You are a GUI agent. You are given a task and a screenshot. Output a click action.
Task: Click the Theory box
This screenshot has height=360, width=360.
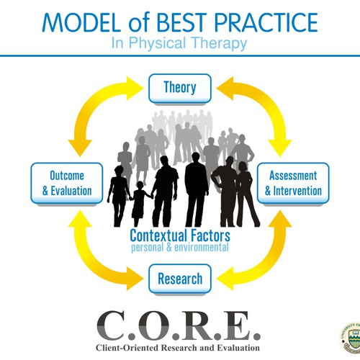(181, 88)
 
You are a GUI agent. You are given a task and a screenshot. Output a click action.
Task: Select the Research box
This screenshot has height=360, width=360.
(180, 279)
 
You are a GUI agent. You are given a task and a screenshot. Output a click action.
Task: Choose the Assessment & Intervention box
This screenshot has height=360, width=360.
(293, 183)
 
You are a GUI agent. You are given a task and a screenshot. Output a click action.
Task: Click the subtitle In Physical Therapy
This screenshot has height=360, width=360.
(179, 43)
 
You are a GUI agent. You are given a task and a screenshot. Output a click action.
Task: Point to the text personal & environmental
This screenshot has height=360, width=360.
(180, 247)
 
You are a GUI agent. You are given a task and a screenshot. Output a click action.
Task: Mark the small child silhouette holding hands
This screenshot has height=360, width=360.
(138, 201)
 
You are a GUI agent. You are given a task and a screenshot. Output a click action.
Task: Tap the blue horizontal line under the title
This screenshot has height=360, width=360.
(180, 55)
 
